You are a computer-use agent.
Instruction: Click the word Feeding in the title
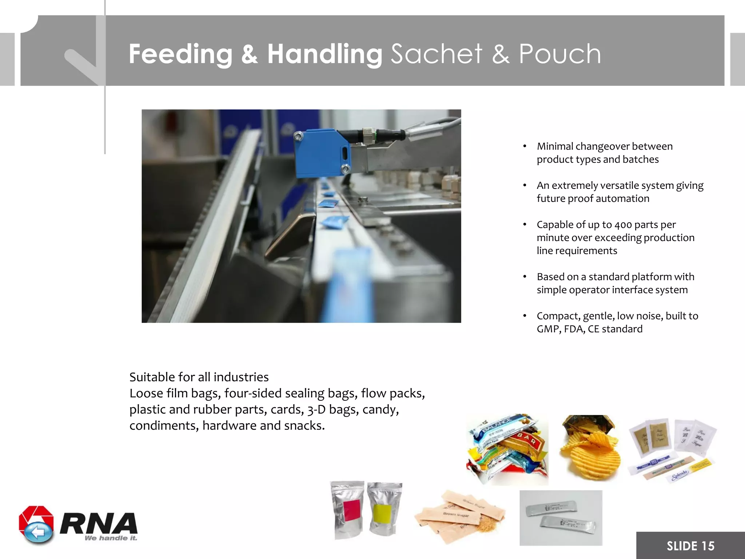[x=180, y=54]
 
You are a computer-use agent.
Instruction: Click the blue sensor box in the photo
[x=322, y=154]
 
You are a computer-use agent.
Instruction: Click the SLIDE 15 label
[x=690, y=546]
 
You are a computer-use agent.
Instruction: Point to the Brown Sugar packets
[x=459, y=513]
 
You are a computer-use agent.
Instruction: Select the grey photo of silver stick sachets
[x=561, y=518]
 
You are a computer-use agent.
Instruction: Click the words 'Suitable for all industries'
[x=199, y=377]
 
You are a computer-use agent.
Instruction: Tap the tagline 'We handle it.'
[x=111, y=538]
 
